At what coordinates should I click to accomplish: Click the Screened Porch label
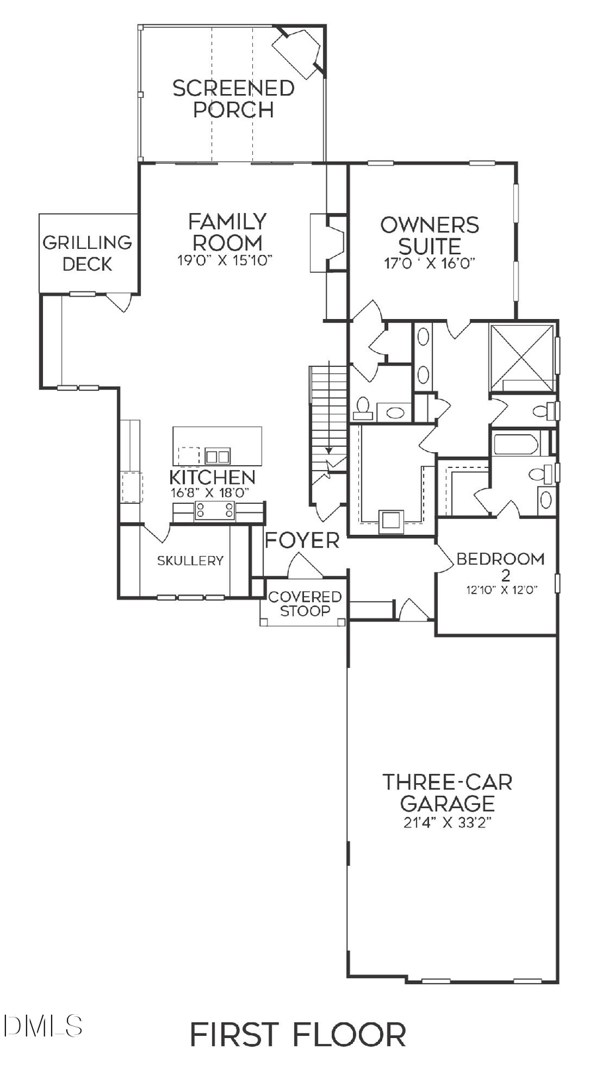(233, 99)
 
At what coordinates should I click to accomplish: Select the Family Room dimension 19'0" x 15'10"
(225, 261)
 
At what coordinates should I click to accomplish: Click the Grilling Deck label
(87, 254)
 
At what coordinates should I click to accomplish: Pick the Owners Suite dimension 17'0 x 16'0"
(430, 263)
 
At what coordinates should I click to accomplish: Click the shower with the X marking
(522, 357)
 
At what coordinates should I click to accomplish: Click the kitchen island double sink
(217, 455)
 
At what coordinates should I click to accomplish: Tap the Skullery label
(190, 561)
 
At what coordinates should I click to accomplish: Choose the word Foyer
(302, 541)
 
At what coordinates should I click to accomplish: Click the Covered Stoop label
(305, 604)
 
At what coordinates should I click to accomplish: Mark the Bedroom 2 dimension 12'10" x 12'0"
(501, 589)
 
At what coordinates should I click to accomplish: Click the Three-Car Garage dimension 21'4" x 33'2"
(447, 823)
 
